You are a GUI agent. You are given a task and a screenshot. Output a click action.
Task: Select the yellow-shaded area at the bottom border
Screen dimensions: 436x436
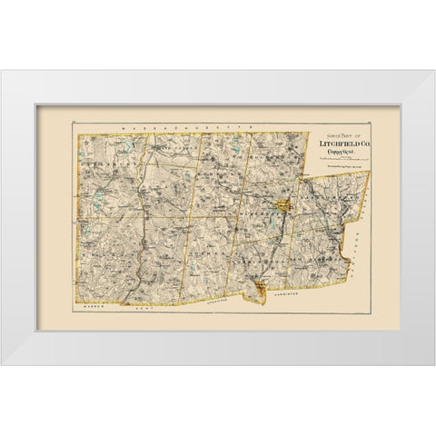point(262,289)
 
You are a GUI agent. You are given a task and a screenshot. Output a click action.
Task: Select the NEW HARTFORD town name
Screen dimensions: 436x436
point(313,263)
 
